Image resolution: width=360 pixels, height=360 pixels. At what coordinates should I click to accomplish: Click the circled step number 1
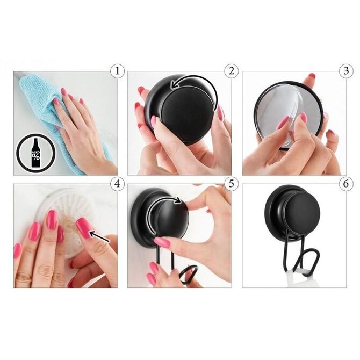[117, 71]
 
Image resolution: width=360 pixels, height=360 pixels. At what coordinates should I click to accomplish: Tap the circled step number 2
[232, 71]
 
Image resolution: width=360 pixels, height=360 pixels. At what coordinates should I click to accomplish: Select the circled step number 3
[346, 71]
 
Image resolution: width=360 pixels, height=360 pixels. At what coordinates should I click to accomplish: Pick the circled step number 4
[117, 184]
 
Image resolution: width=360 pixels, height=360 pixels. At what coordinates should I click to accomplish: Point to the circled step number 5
[232, 184]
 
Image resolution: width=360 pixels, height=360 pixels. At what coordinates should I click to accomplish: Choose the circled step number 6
[346, 184]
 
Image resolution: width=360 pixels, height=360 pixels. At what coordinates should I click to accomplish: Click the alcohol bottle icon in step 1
[36, 153]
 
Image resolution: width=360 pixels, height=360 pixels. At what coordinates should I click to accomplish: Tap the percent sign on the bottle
[36, 157]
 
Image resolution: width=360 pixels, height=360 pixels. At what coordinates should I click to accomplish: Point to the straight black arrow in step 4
[99, 237]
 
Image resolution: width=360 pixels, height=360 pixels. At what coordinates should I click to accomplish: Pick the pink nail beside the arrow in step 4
[84, 228]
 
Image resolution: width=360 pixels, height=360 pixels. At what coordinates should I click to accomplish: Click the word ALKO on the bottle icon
[36, 152]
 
